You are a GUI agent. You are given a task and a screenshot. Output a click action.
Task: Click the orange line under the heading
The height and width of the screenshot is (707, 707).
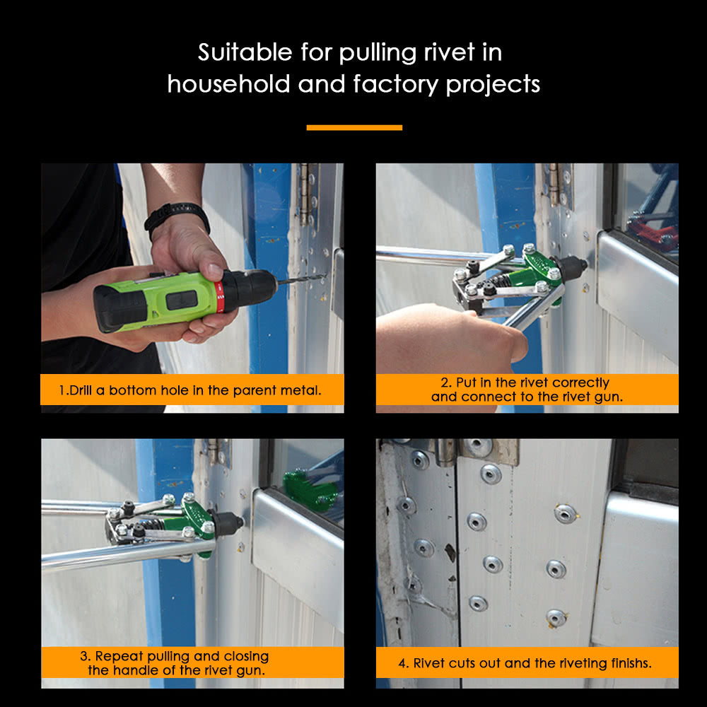354,128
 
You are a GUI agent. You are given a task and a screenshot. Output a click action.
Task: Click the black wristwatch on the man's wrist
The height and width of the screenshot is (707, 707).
177,215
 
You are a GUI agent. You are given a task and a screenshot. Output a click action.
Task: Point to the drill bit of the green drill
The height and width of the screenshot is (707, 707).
300,280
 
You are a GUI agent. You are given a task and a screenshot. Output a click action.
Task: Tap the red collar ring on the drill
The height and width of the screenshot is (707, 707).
220,296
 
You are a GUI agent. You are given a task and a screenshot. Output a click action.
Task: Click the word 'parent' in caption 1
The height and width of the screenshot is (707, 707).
257,390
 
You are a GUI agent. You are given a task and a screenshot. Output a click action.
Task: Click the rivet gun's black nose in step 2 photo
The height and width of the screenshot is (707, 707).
573,267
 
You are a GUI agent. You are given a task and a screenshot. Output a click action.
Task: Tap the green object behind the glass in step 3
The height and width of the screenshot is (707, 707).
311,488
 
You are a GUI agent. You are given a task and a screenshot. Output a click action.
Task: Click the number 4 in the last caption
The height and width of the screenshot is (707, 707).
402,663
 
